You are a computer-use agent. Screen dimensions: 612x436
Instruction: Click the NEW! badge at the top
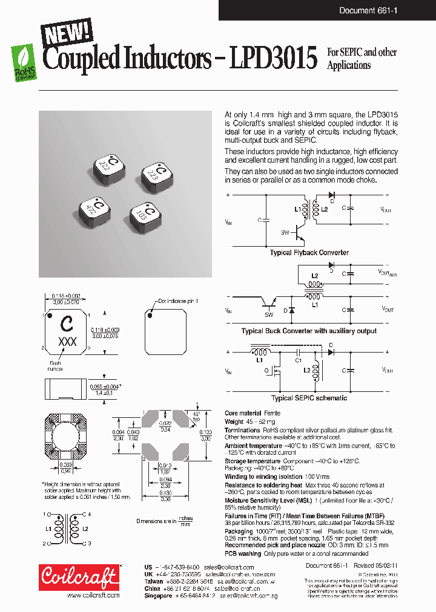point(67,33)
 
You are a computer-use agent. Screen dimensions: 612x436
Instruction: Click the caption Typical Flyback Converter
point(309,253)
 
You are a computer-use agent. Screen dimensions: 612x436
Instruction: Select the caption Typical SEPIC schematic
point(309,398)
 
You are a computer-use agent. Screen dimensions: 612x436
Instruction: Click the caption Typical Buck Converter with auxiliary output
point(309,331)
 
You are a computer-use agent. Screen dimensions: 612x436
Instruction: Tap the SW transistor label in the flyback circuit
point(285,232)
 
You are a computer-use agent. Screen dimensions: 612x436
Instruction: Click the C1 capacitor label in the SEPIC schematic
point(298,360)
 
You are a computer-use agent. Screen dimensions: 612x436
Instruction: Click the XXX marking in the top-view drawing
point(67,342)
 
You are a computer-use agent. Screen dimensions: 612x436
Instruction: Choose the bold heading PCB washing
point(243,553)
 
